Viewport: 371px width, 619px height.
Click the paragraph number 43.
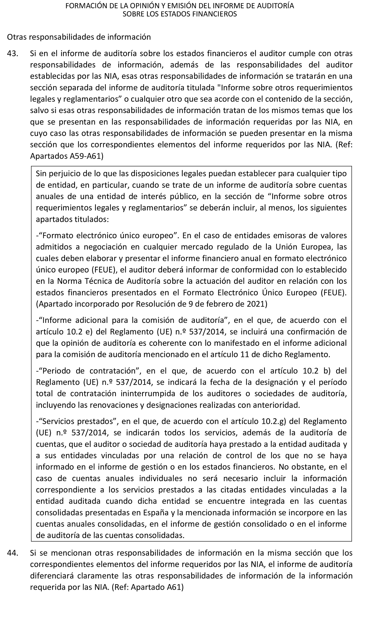click(12, 54)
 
